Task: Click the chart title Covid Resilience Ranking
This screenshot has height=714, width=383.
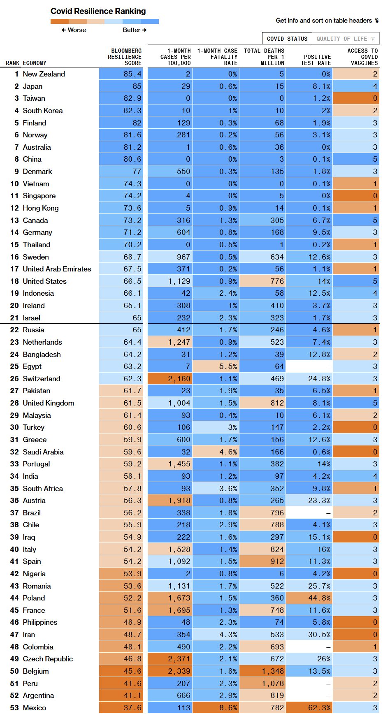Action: point(98,11)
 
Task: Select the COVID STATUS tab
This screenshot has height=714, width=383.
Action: point(287,39)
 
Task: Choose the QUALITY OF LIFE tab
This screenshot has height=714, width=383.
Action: point(346,39)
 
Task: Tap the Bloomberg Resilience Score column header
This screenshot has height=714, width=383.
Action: point(125,57)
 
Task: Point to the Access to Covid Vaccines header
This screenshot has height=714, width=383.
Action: point(362,57)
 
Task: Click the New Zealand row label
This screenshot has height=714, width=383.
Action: point(44,74)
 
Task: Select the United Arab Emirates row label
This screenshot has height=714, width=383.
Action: point(57,269)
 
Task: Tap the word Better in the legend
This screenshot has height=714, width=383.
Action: point(132,30)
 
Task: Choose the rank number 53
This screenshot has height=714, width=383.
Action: point(14,708)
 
